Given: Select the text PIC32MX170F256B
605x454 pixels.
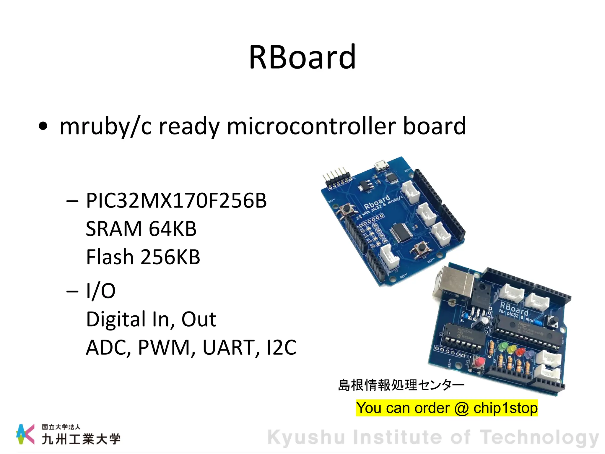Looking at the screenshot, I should (x=176, y=201).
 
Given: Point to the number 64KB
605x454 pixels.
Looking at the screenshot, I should (x=173, y=229).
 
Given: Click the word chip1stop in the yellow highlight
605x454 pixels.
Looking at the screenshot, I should (x=505, y=408).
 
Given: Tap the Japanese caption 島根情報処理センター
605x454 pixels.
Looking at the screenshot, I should (x=401, y=385).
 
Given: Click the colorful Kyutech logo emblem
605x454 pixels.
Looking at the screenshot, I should (x=25, y=434).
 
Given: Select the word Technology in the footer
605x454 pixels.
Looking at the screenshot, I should (x=539, y=437).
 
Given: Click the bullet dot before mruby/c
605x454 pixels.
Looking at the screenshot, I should (x=43, y=126).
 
